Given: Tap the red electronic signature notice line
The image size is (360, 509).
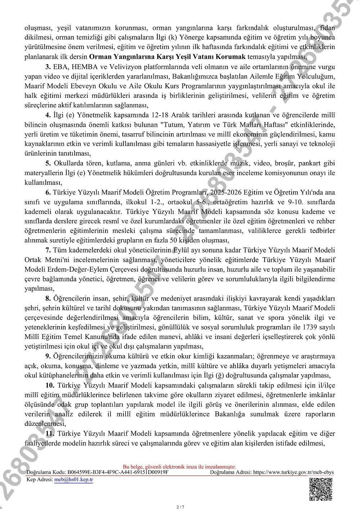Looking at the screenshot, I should [179, 467].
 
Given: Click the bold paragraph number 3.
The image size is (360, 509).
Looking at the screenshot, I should [48, 67].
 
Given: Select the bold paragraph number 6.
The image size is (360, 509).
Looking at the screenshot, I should [48, 192].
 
